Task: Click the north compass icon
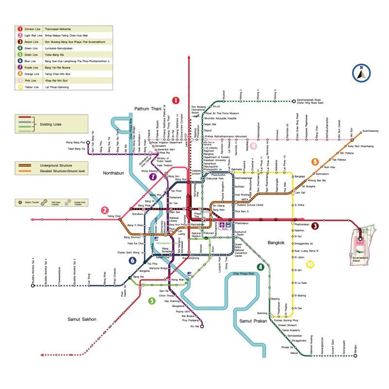tap(361, 73)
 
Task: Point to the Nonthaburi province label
tap(115, 173)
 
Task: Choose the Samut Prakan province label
tap(253, 321)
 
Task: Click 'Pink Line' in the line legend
tap(31, 81)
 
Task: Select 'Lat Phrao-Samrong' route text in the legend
tap(56, 87)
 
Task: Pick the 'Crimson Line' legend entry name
tap(33, 29)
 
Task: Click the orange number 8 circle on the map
tap(315, 161)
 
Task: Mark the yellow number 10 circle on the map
tap(310, 265)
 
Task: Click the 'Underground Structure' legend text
tap(58, 166)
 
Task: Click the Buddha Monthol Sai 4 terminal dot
tap(33, 286)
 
